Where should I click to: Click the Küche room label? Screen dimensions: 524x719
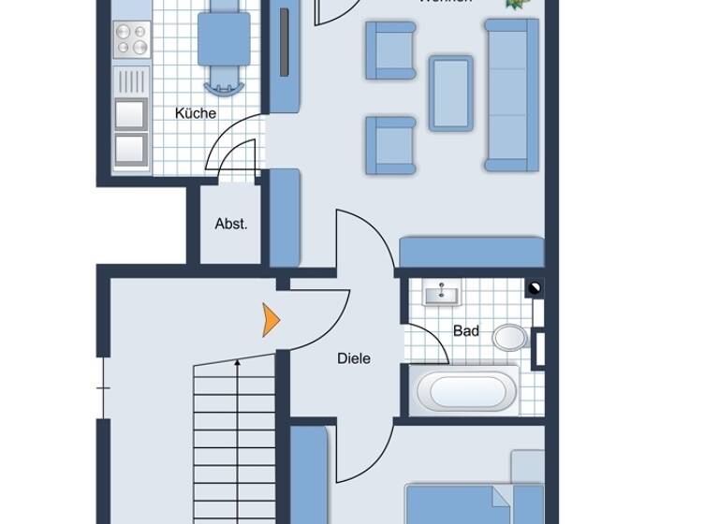tap(196, 113)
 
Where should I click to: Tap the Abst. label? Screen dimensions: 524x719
tap(231, 224)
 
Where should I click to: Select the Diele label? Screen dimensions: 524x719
tap(354, 357)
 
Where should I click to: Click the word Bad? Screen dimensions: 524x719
tap(466, 330)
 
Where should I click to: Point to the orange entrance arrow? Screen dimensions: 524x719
tap(271, 320)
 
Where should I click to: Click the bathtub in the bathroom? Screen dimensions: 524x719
tap(463, 390)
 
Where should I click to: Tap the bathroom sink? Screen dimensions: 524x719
tap(441, 295)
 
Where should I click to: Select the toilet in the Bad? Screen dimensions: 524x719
tap(510, 336)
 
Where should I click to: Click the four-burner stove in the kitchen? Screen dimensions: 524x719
tap(131, 40)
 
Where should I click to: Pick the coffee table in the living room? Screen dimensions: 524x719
tap(450, 91)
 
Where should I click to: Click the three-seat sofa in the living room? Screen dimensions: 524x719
tap(511, 94)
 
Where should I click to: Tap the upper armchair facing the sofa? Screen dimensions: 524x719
tap(390, 50)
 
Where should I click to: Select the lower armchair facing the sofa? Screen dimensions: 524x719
tap(390, 145)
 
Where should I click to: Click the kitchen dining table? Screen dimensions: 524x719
tap(224, 38)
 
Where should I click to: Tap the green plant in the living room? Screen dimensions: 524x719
tap(515, 4)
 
